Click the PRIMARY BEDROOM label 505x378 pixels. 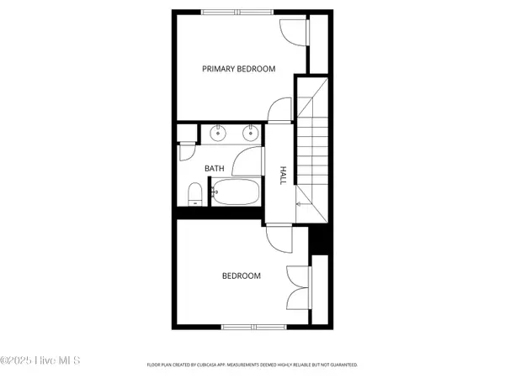(238, 69)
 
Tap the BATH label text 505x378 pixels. (215, 168)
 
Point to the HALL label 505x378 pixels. (284, 174)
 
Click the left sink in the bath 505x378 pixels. (218, 132)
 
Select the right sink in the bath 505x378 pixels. (250, 132)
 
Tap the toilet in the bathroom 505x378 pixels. (194, 196)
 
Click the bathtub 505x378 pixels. (235, 192)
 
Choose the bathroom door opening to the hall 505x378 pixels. (247, 160)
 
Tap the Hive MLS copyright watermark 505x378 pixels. (40, 360)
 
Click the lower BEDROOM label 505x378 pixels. (241, 276)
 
